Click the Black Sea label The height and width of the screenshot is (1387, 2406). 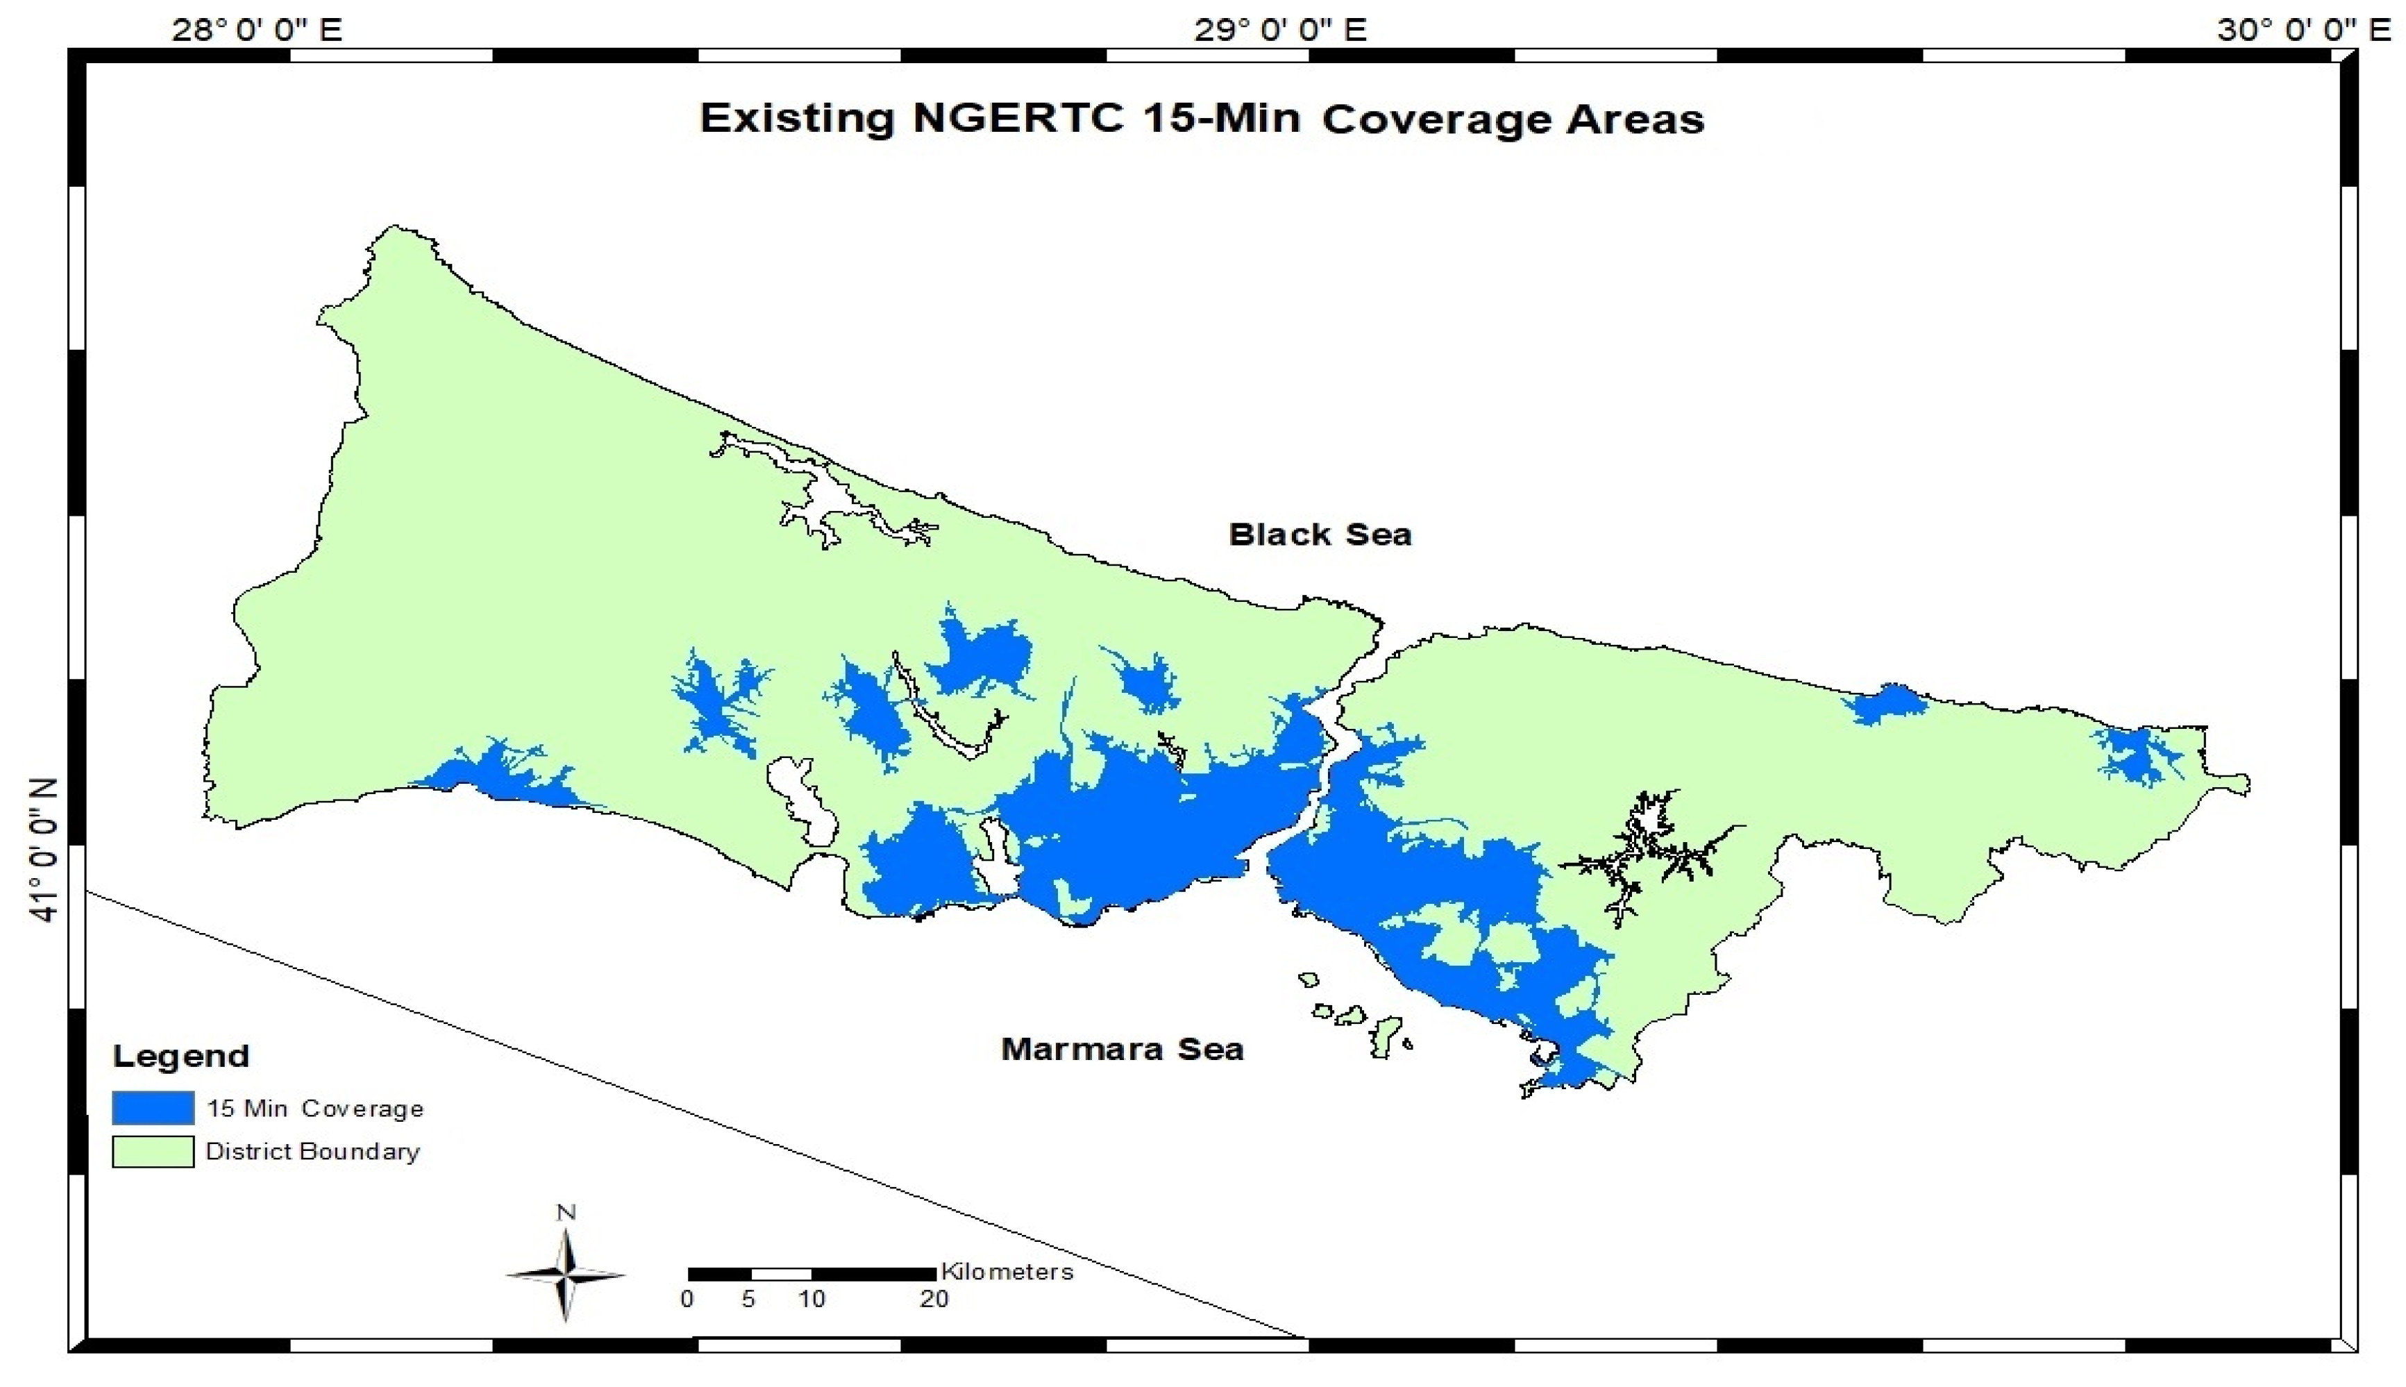pos(1319,535)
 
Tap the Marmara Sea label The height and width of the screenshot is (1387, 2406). pos(1122,1050)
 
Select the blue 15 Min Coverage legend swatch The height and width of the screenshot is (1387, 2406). pos(153,1108)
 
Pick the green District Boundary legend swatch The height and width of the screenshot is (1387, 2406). pos(153,1151)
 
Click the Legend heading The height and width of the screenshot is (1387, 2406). pos(181,1055)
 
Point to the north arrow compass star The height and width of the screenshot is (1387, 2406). pos(566,1275)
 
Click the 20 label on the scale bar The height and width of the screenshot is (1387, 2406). pos(934,1300)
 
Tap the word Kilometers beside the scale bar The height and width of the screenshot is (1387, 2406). pos(1007,1272)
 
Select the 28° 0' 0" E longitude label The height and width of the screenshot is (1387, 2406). pos(256,31)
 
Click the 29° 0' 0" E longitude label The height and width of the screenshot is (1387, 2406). pos(1280,31)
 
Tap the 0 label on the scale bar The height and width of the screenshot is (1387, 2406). pos(687,1300)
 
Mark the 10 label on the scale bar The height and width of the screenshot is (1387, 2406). pos(811,1300)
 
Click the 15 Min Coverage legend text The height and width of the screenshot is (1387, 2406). pos(314,1109)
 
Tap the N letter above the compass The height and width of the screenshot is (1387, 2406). pos(566,1213)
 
